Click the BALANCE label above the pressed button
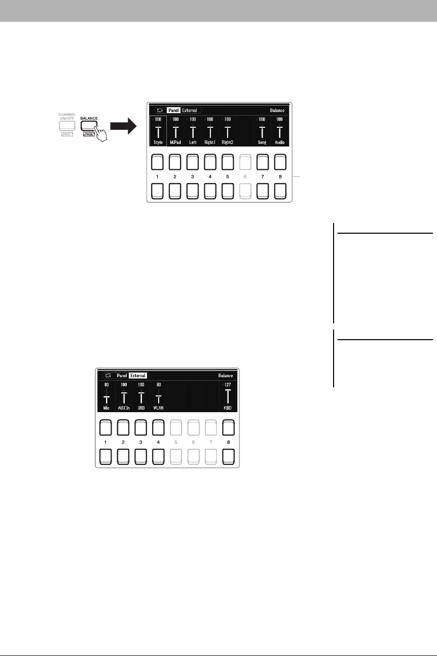[89, 118]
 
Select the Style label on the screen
[158, 143]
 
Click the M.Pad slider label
[175, 143]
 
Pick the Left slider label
[193, 143]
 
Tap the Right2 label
[227, 143]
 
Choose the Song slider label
[262, 143]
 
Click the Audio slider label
[279, 143]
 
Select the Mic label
[106, 408]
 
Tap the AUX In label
[124, 408]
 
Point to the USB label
[141, 408]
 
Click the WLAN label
[158, 408]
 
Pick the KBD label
[228, 408]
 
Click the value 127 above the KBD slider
[228, 385]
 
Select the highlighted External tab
[137, 376]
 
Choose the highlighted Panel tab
[173, 110]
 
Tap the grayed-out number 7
[210, 441]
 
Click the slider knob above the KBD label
[228, 391]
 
